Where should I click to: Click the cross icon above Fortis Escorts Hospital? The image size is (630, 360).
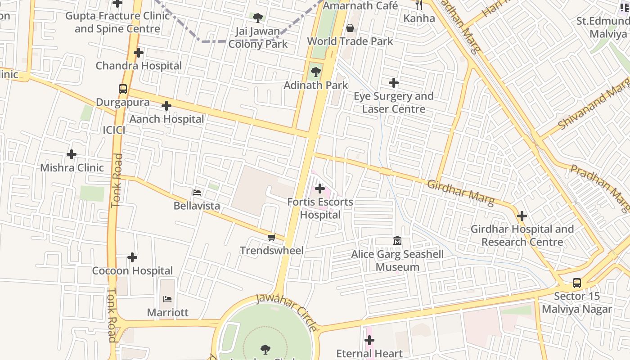tap(320, 188)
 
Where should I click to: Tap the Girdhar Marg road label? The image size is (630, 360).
tap(460, 192)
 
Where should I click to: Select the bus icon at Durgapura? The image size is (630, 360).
tap(123, 89)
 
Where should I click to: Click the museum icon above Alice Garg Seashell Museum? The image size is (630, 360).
tap(397, 241)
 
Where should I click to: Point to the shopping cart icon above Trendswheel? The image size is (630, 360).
tap(271, 237)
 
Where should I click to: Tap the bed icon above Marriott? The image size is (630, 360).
tap(167, 299)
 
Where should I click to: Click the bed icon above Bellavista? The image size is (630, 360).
tap(197, 193)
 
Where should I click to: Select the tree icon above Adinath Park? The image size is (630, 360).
tap(316, 72)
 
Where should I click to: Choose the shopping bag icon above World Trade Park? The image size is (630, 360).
tap(350, 28)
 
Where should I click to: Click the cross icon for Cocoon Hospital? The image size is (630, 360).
tap(132, 257)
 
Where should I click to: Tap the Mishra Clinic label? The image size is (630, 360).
tap(72, 168)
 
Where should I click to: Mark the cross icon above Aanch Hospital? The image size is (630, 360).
tap(166, 106)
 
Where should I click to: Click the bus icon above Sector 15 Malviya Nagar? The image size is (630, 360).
tap(577, 283)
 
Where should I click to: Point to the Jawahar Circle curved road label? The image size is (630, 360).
tap(286, 311)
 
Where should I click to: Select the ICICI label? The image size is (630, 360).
tap(114, 130)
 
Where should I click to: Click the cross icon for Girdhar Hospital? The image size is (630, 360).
tap(522, 216)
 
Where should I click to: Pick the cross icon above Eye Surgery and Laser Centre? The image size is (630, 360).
tap(394, 83)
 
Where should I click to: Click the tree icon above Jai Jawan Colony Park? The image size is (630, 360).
tap(258, 18)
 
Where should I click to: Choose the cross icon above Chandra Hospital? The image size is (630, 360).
tap(139, 53)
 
